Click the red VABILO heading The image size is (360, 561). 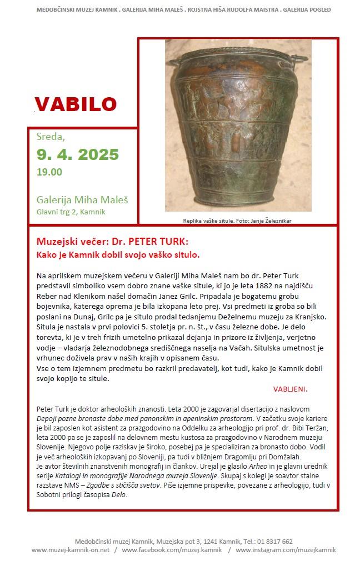coord(76,104)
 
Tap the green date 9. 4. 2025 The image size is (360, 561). coord(78,154)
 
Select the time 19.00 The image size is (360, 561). coord(49,172)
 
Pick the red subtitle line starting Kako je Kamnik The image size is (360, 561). coord(118,254)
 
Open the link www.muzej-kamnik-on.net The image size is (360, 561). coord(70,550)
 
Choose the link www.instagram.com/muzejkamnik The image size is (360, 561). coord(286,550)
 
